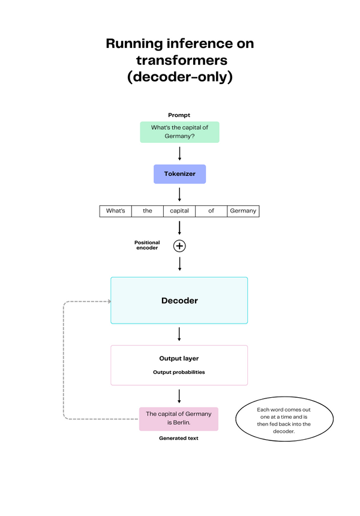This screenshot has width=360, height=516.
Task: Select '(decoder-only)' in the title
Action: tap(179, 77)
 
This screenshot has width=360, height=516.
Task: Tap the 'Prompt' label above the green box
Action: tap(179, 115)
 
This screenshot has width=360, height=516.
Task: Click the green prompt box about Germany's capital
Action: tap(179, 132)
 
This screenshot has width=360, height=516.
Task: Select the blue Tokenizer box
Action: tap(179, 174)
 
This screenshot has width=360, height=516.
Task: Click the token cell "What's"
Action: tap(115, 211)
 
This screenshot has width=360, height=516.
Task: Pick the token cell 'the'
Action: tap(148, 211)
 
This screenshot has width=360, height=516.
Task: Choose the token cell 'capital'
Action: tap(179, 211)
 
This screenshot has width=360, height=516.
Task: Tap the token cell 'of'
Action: tap(211, 211)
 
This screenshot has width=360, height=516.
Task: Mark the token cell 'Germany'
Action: tap(243, 211)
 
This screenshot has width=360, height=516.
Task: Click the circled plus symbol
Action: tap(179, 245)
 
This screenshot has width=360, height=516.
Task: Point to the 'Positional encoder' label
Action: tap(147, 245)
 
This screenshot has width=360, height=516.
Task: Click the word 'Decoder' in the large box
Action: tap(179, 301)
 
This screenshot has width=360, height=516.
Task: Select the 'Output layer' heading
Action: tap(179, 359)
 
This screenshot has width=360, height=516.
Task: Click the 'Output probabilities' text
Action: tap(179, 372)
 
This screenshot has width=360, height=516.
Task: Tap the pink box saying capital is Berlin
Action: tap(179, 418)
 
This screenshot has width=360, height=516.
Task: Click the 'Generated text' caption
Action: tap(179, 438)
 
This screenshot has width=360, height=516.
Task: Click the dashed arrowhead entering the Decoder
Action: tap(108, 301)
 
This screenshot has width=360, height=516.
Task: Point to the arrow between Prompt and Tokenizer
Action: tap(179, 153)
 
